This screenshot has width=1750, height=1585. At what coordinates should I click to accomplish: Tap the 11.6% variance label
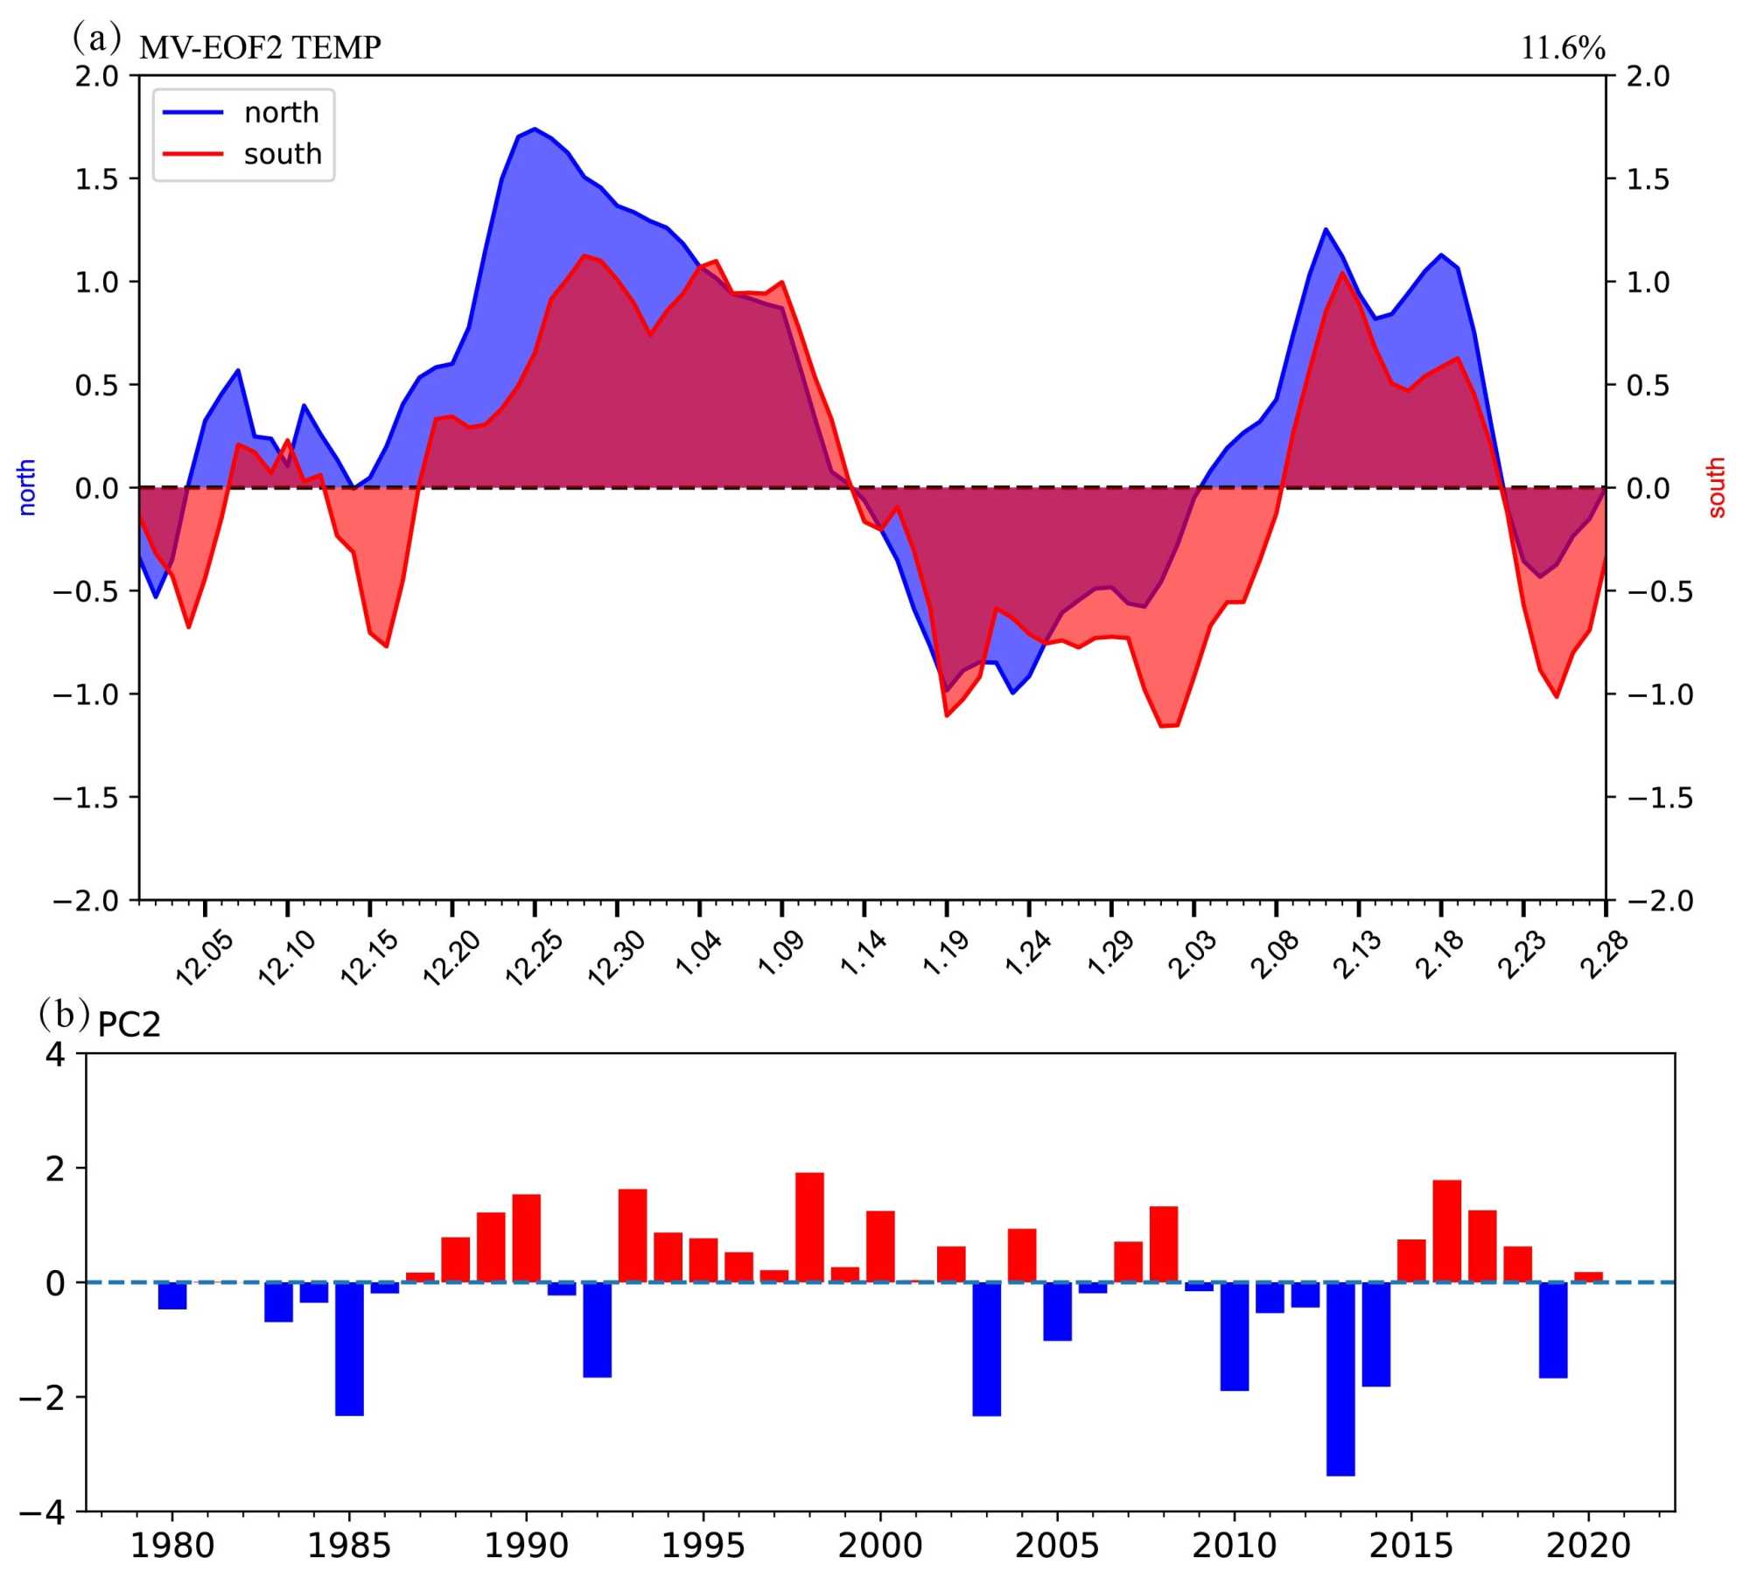click(x=1562, y=48)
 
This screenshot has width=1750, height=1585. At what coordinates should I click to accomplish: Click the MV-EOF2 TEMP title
click(x=260, y=47)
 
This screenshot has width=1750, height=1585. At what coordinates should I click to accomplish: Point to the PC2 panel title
click(x=129, y=1024)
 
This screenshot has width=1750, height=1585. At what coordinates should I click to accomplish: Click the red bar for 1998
click(x=809, y=1227)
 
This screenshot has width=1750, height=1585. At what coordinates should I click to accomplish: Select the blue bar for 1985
click(x=349, y=1348)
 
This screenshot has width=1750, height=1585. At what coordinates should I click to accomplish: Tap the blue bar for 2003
click(x=986, y=1348)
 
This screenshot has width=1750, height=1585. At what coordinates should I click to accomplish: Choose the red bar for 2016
click(x=1446, y=1231)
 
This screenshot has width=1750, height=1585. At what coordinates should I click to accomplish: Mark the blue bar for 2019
click(x=1553, y=1330)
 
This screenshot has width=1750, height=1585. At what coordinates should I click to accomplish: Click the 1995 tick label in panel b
click(x=703, y=1546)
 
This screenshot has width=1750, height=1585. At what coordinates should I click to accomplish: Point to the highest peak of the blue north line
click(x=535, y=129)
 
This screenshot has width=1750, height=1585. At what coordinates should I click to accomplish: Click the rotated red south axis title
click(x=1716, y=487)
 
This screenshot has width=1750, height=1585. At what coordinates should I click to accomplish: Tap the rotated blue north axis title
click(x=27, y=487)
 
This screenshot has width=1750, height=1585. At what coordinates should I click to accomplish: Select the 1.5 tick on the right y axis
click(x=1648, y=179)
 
